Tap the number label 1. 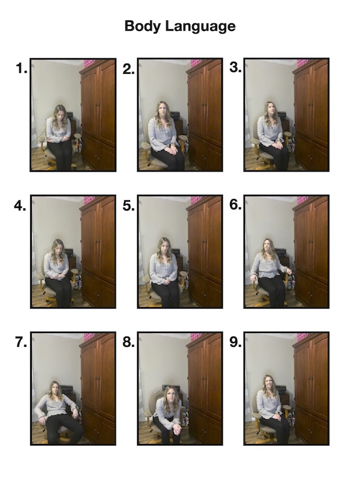[x=22, y=68]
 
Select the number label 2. [x=128, y=68]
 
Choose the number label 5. [x=128, y=206]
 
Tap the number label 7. [x=21, y=343]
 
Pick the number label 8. [x=128, y=343]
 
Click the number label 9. [x=235, y=342]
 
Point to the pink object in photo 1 [x=89, y=63]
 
